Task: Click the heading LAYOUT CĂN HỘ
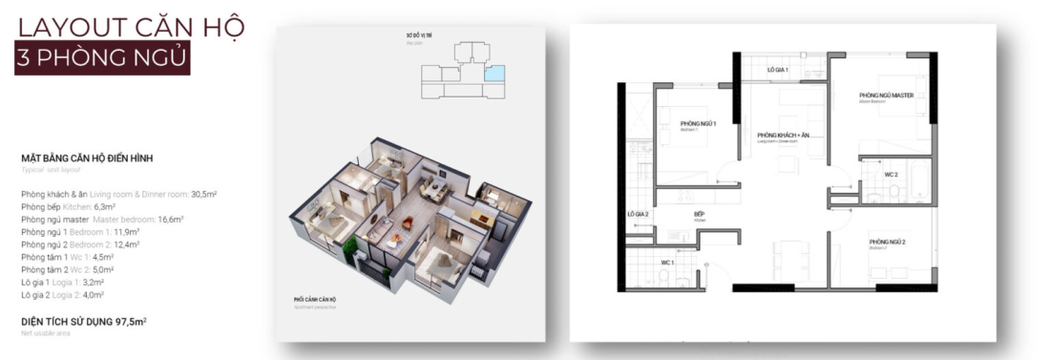[131, 25]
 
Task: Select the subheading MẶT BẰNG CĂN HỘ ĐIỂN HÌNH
[87, 158]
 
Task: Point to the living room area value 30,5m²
[203, 194]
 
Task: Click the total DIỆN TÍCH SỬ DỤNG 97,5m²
[83, 321]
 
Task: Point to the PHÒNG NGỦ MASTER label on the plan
[887, 95]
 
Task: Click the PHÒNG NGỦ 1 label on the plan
[698, 124]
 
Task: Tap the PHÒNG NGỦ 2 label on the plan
[887, 244]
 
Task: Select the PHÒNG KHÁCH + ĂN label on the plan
[783, 136]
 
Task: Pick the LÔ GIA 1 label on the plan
[778, 71]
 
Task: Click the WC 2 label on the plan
[891, 176]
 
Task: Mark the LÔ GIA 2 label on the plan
[638, 214]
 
